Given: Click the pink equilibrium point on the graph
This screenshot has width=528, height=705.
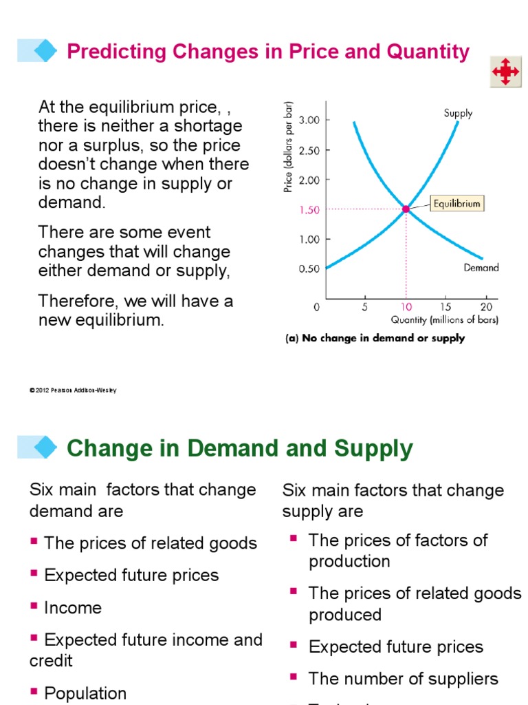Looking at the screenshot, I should (406, 209).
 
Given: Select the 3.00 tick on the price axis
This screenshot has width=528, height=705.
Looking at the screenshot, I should (309, 120).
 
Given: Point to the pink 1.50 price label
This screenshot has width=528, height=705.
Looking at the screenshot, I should (309, 210).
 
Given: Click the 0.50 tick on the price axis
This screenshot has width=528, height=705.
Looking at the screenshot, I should (309, 269).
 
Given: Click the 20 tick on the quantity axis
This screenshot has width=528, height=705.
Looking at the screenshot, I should (486, 307).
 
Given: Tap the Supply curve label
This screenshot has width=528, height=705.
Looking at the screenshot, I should (458, 113).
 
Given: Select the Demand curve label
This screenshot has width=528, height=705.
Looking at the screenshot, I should (481, 268).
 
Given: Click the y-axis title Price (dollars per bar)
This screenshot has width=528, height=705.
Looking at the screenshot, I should (288, 146).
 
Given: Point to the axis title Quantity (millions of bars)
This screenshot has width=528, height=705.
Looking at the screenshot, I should (445, 320).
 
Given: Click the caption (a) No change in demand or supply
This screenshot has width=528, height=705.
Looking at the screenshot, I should (375, 338).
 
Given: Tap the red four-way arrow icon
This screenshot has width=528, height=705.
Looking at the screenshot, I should (505, 72).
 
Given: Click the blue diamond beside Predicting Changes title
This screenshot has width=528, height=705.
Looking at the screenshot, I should (45, 50).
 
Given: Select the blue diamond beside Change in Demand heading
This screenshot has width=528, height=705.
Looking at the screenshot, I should (45, 447).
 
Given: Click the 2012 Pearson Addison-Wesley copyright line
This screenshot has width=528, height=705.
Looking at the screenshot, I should (73, 390).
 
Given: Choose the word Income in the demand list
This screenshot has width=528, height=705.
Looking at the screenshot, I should (73, 608).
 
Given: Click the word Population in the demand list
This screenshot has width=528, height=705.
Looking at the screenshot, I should (85, 693).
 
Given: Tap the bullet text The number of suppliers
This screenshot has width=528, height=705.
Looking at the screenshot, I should (403, 679).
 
